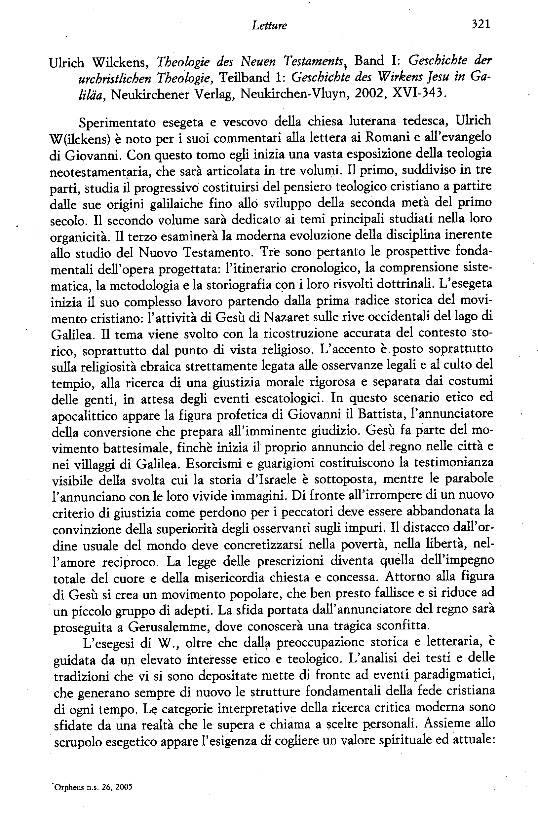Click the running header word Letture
(x=269, y=25)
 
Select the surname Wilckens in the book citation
(x=118, y=62)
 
